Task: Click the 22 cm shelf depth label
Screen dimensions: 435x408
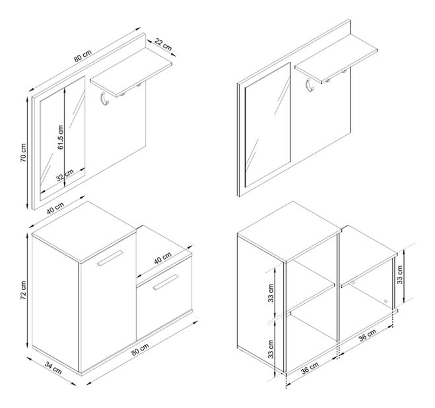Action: click(x=163, y=44)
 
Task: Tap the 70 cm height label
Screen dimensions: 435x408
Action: click(x=23, y=153)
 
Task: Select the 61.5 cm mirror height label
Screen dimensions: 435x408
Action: click(x=61, y=137)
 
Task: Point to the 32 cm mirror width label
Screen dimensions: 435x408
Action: click(x=65, y=175)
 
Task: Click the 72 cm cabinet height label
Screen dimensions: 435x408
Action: click(x=23, y=290)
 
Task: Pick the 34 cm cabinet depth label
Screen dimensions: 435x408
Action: click(x=53, y=367)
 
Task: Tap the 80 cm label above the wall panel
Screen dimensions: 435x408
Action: click(x=83, y=55)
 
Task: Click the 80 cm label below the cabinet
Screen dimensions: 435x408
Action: click(x=140, y=349)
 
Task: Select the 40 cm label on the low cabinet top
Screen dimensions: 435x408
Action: click(x=163, y=258)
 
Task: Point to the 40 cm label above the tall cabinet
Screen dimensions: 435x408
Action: click(x=55, y=208)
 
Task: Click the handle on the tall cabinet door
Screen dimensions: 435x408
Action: click(x=110, y=258)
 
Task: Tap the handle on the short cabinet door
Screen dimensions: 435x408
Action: click(x=165, y=283)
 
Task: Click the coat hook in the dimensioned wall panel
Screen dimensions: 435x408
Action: click(x=104, y=99)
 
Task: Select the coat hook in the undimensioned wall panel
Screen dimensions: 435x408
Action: click(x=310, y=85)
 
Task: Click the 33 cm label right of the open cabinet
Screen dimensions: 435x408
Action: click(x=399, y=274)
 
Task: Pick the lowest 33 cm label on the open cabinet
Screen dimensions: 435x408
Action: click(x=271, y=349)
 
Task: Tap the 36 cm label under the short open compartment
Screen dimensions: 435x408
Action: click(x=367, y=335)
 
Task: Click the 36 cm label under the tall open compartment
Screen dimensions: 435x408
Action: click(x=310, y=368)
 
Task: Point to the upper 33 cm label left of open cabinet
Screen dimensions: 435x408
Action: click(x=271, y=293)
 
